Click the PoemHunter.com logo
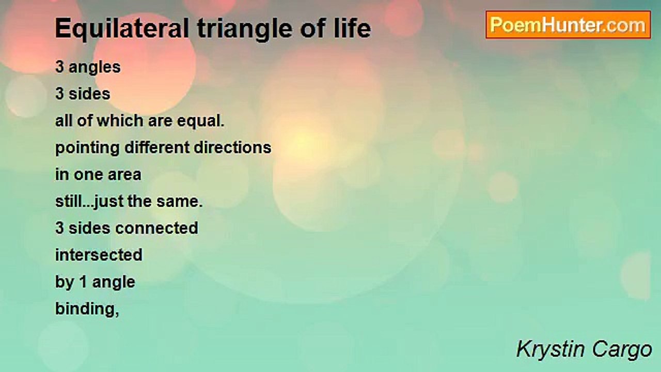pos(568,25)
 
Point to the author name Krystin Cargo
pos(584,350)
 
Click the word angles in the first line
pos(95,68)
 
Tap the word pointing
pos(87,148)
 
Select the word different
pos(156,147)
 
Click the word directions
pos(232,147)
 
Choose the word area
pos(124,175)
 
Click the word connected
pos(156,228)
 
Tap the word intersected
pos(99,255)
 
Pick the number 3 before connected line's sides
pos(59,228)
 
